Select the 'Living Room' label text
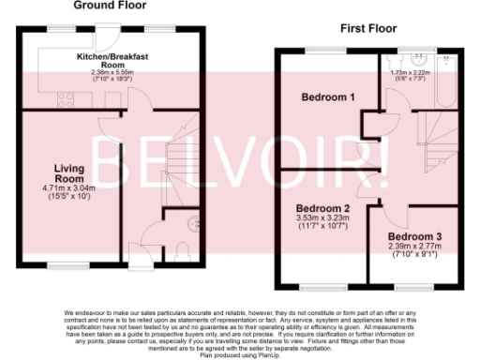71,172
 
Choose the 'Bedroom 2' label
321,207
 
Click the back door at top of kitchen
110,32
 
